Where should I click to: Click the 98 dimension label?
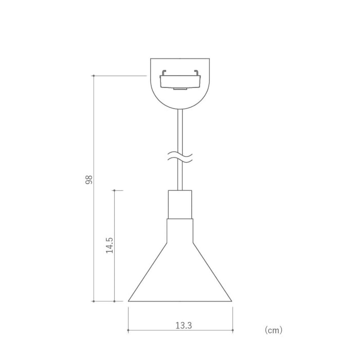tap(89, 179)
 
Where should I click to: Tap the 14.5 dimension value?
tap(109, 245)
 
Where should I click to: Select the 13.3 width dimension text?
tap(183, 326)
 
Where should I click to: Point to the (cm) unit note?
tap(273, 330)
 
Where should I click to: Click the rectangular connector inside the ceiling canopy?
tap(180, 82)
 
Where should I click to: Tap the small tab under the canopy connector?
tap(180, 89)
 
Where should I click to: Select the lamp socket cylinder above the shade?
tap(180, 204)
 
